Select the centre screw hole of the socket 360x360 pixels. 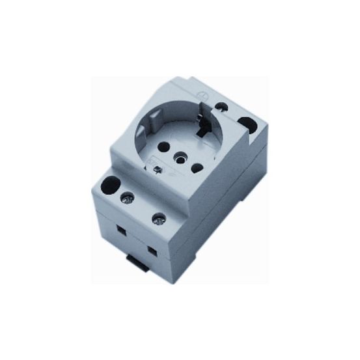click(177, 156)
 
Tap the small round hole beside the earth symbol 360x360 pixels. click(225, 105)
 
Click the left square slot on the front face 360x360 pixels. click(121, 229)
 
